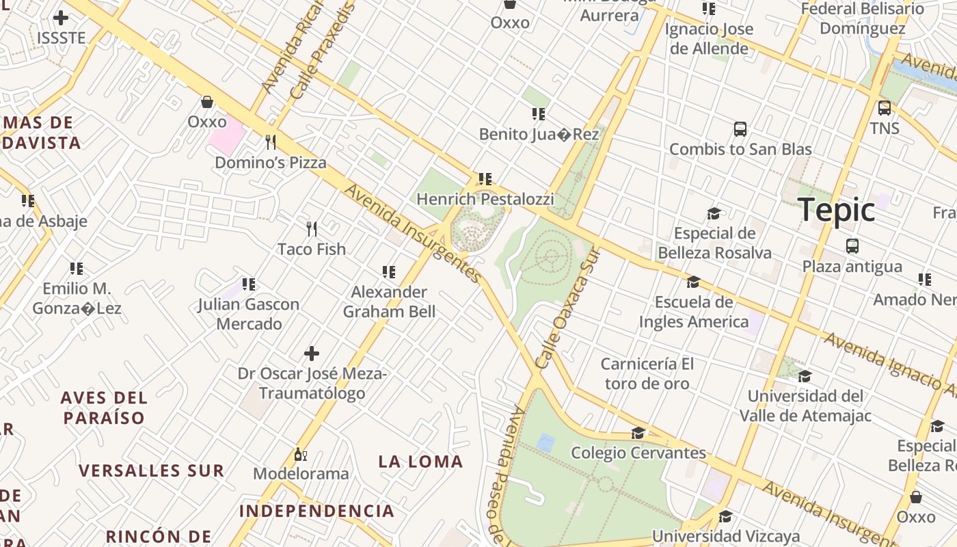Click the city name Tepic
836,210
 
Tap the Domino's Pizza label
271,163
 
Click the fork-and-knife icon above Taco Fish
312,228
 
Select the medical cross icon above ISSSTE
61,18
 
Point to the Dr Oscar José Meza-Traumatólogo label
312,384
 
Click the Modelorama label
301,473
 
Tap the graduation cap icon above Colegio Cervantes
638,433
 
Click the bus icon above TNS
884,108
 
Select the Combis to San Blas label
740,149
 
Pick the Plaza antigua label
852,266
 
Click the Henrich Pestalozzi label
485,199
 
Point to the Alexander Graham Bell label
389,302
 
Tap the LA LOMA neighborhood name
420,462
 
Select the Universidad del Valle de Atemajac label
805,405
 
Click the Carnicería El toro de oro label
647,373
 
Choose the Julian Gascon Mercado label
249,314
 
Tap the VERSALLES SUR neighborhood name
151,470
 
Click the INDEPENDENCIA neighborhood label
316,511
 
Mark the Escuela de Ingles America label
693,311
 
